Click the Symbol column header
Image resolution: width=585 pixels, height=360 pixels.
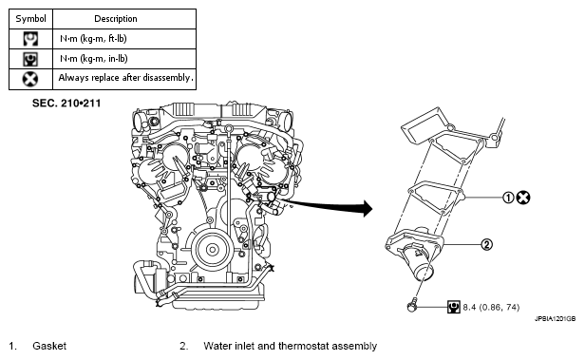(x=30, y=19)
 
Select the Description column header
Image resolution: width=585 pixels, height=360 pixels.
(x=116, y=19)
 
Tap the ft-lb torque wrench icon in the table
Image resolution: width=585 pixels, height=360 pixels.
(x=30, y=39)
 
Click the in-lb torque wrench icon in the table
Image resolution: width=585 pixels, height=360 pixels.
(x=30, y=59)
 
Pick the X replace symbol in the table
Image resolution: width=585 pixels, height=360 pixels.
(x=30, y=79)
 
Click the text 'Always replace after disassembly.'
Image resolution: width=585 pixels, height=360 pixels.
(x=125, y=78)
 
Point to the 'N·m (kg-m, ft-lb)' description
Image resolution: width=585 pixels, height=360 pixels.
(x=93, y=38)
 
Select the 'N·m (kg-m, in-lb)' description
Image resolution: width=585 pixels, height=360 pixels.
(x=94, y=59)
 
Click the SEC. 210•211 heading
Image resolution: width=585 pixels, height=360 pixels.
(x=66, y=104)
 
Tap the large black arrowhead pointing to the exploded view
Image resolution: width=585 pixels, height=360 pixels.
(x=368, y=208)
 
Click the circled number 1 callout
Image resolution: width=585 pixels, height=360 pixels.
(x=508, y=198)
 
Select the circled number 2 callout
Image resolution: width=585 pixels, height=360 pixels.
(x=487, y=245)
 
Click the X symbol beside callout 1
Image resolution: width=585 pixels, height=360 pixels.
(x=523, y=198)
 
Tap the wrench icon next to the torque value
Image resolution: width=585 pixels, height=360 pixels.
(x=454, y=307)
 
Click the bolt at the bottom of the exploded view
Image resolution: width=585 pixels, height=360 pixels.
(x=411, y=307)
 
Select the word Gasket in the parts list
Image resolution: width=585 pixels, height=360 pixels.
(x=49, y=346)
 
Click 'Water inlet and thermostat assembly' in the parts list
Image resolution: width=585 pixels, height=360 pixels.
(x=291, y=346)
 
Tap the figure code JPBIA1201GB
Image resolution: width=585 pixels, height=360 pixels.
(x=555, y=319)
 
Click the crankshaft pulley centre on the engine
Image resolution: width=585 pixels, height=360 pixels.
(x=212, y=249)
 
